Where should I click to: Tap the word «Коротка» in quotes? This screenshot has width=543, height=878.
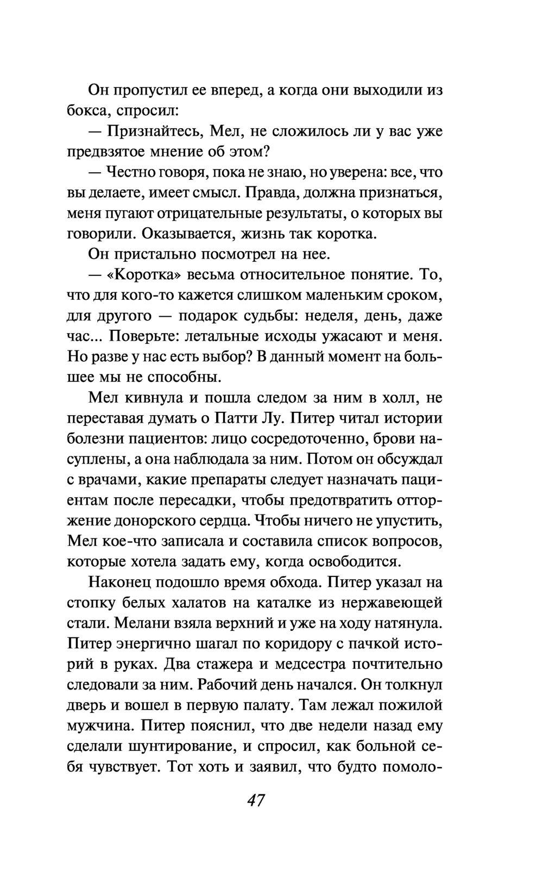click(x=144, y=275)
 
